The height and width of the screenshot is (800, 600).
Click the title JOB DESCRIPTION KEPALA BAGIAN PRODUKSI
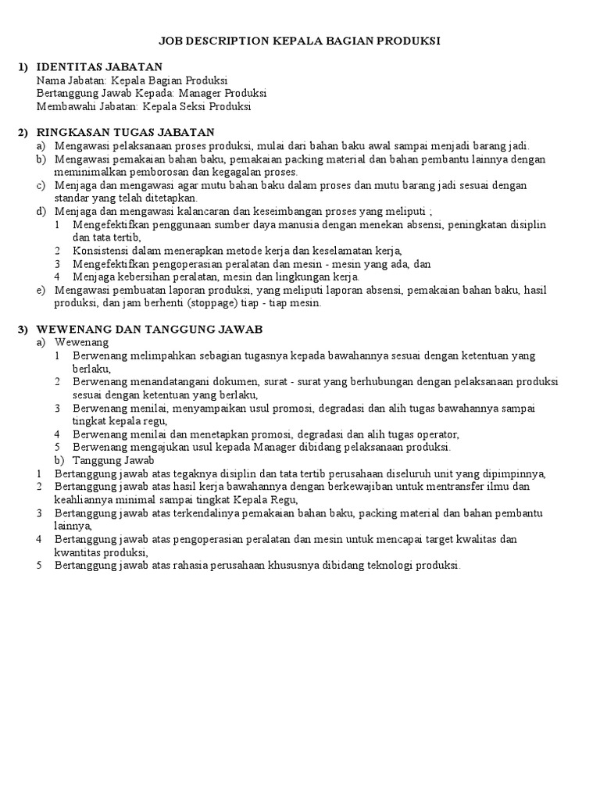click(x=300, y=41)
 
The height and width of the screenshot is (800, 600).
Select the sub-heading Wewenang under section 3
click(x=82, y=342)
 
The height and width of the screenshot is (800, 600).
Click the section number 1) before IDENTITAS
click(x=24, y=67)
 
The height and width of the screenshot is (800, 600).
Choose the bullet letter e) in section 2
click(x=41, y=290)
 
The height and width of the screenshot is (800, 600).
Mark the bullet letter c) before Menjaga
click(x=41, y=185)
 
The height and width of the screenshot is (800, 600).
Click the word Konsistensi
click(x=102, y=251)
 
